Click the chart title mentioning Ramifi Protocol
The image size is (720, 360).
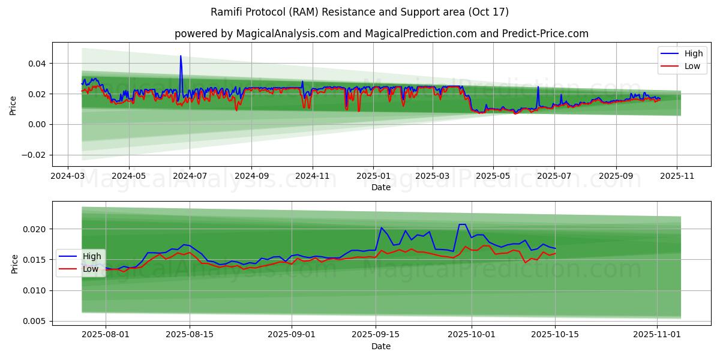tap(360, 12)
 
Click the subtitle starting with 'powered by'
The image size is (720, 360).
tap(382, 34)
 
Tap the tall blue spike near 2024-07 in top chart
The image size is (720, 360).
tap(181, 57)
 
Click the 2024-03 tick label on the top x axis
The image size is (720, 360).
tap(67, 176)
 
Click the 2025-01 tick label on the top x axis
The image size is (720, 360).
tap(373, 176)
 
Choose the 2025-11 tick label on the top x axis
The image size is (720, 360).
tap(677, 176)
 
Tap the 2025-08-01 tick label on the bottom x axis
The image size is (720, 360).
tap(106, 335)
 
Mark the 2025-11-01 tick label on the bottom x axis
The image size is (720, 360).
tap(658, 335)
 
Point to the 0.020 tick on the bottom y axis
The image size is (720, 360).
tap(34, 229)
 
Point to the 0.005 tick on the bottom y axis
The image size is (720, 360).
tap(34, 322)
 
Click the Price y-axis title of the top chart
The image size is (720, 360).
tap(13, 104)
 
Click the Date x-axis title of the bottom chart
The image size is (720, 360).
tap(381, 346)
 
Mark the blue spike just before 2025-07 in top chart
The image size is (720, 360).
tap(538, 87)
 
